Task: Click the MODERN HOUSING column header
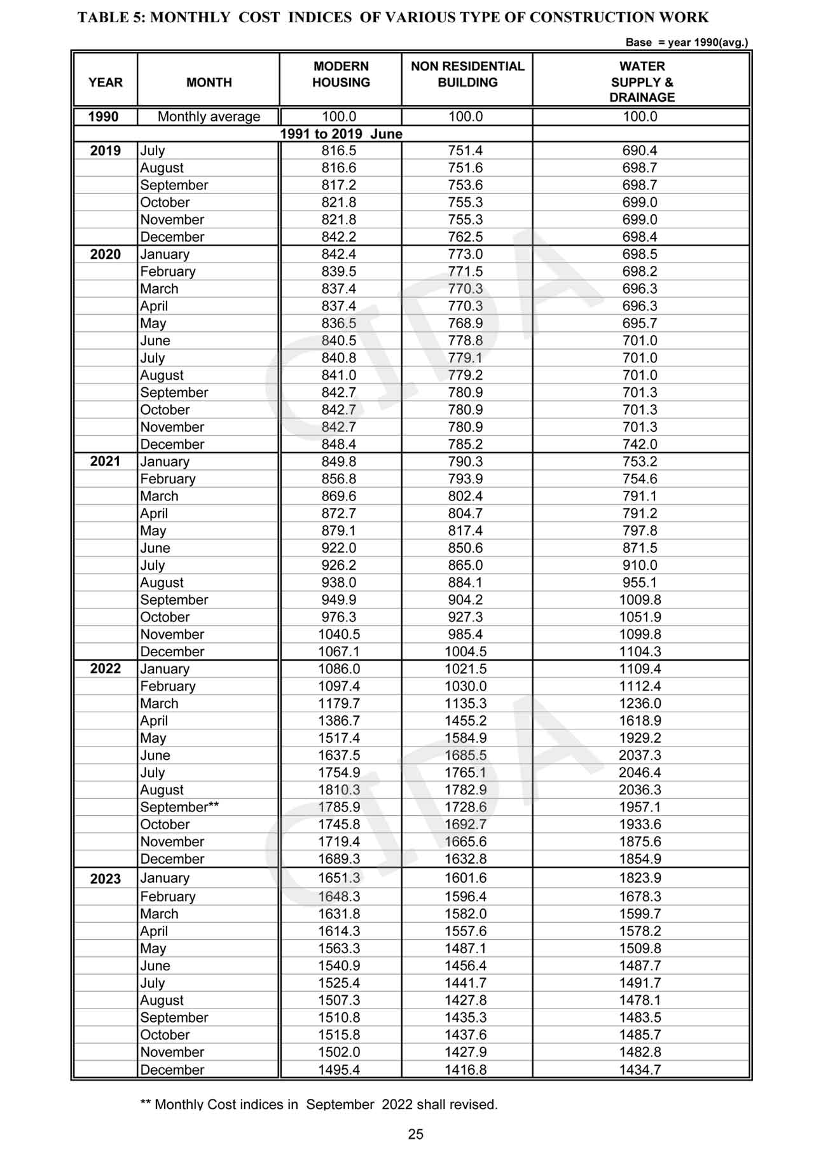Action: [x=341, y=74]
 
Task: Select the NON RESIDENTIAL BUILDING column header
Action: [x=467, y=74]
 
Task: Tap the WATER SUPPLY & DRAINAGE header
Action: [x=642, y=81]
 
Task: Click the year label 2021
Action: [x=105, y=461]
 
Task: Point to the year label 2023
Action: [x=105, y=879]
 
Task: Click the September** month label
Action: [x=179, y=807]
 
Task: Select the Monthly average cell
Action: [x=209, y=116]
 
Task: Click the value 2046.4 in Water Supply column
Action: [x=640, y=773]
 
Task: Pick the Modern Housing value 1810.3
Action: [x=339, y=790]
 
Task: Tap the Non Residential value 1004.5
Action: [x=466, y=652]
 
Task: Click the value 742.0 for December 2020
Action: [x=640, y=445]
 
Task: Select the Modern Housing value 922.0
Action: [x=339, y=548]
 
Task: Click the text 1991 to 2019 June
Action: [x=341, y=134]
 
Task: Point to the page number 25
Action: [x=415, y=1134]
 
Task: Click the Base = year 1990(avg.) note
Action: [x=686, y=43]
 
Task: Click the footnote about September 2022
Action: [x=319, y=1105]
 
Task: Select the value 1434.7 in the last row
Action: [x=640, y=1070]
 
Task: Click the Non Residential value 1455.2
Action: [x=466, y=720]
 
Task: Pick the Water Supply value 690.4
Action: [x=640, y=151]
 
